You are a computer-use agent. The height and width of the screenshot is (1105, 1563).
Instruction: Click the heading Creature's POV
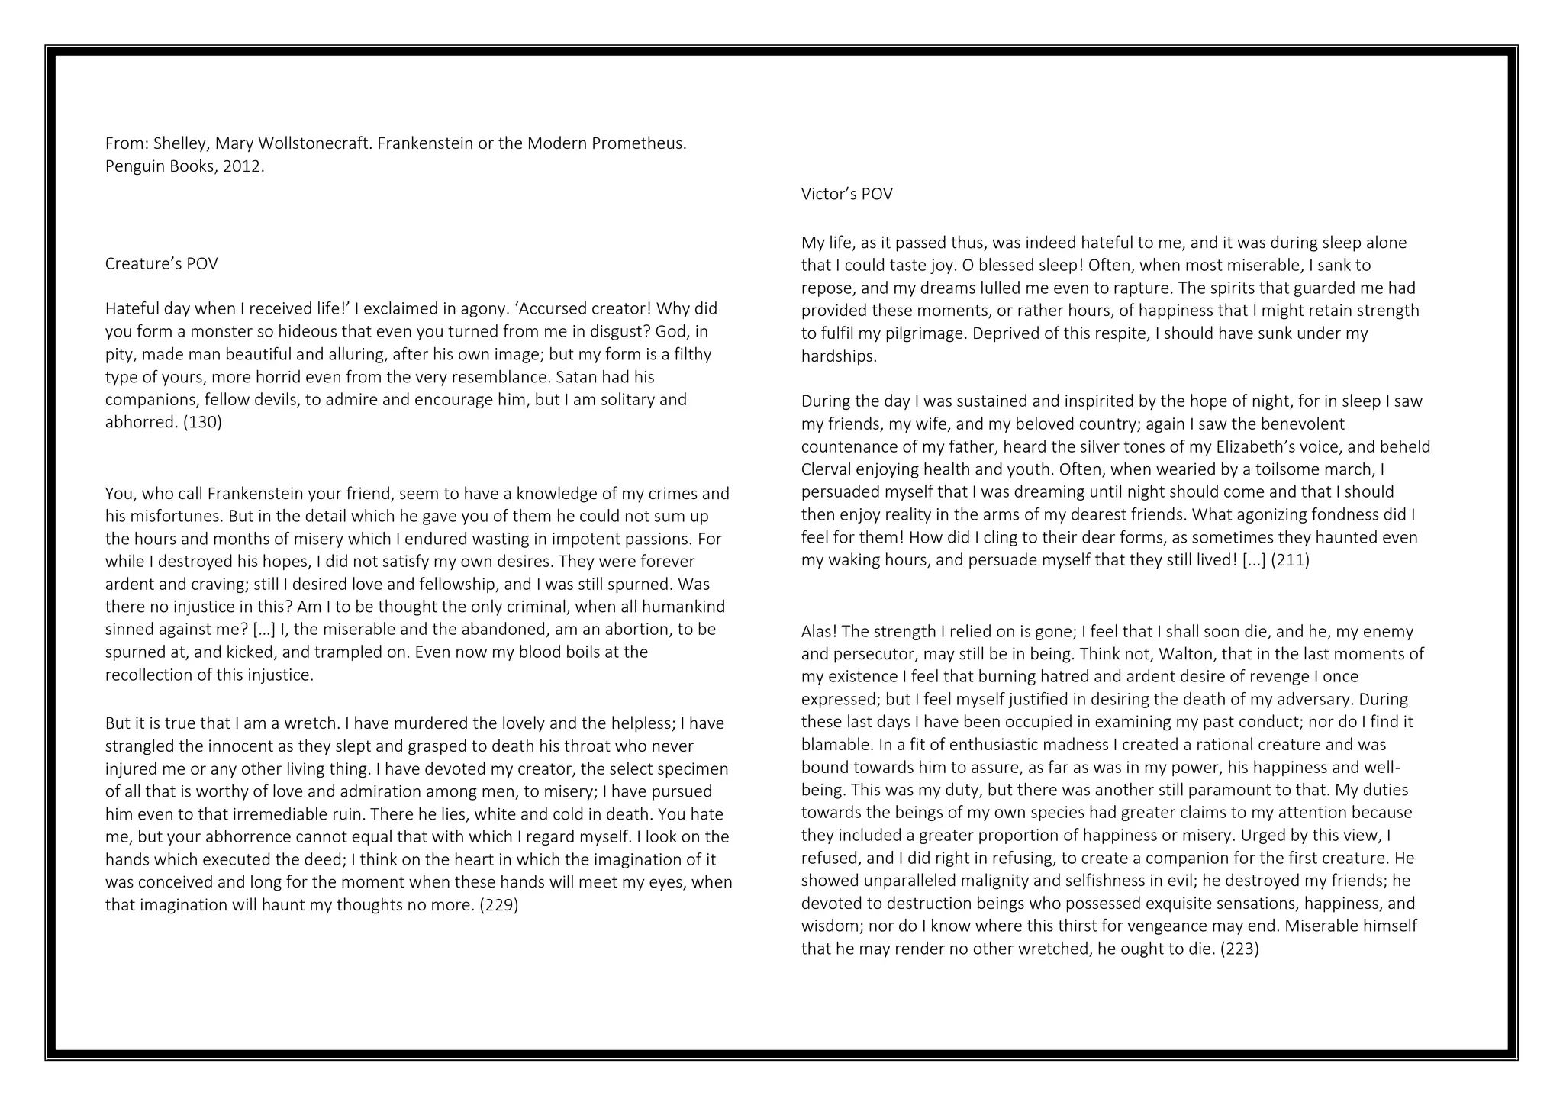[x=161, y=264]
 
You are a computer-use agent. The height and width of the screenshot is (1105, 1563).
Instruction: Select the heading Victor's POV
[x=846, y=195]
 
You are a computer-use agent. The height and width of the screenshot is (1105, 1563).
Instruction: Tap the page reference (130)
[x=202, y=422]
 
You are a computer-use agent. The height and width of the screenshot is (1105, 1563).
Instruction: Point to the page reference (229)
[x=498, y=905]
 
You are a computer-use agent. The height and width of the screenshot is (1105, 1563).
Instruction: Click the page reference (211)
[x=1290, y=560]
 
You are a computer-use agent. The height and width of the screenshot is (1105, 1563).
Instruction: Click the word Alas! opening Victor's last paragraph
[x=819, y=632]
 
